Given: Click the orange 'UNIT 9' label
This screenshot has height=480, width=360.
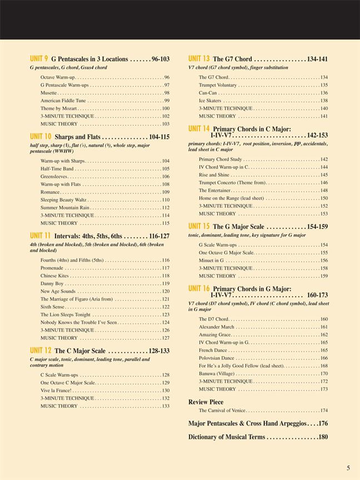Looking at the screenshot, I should [x=39, y=58].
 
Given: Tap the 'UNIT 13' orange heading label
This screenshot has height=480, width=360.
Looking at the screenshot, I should [x=198, y=58].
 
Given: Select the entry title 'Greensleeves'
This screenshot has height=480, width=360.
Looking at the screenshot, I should [x=54, y=176].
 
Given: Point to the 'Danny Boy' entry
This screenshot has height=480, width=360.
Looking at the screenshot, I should [x=52, y=283].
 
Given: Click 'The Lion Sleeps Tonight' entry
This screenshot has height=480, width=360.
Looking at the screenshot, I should [x=66, y=314].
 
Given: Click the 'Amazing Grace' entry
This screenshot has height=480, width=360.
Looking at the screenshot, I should [x=216, y=334].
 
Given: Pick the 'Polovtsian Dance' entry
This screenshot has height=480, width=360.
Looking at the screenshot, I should [x=217, y=358].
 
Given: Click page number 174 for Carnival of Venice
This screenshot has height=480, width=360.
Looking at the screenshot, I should [x=324, y=411].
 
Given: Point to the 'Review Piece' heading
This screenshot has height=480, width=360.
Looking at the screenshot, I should [x=206, y=402].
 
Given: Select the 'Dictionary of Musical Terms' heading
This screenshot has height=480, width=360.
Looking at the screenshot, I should [x=227, y=437].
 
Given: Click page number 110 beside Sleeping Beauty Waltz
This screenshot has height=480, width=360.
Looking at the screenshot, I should [x=166, y=199].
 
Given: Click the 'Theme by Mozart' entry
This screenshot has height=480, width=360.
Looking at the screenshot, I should [x=58, y=108].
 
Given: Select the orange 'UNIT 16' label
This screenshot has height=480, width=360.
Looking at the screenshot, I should [x=199, y=288].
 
